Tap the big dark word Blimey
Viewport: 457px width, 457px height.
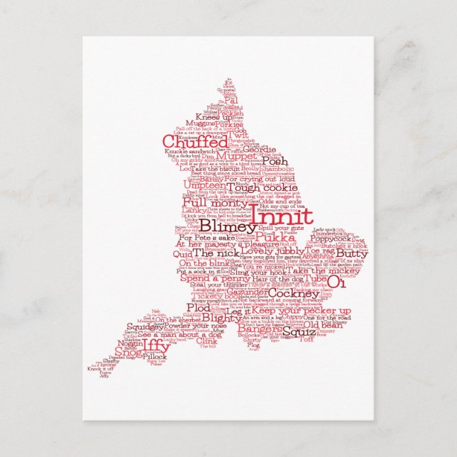point(227,225)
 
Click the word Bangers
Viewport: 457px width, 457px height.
point(260,330)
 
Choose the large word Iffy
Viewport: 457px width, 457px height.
point(156,346)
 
